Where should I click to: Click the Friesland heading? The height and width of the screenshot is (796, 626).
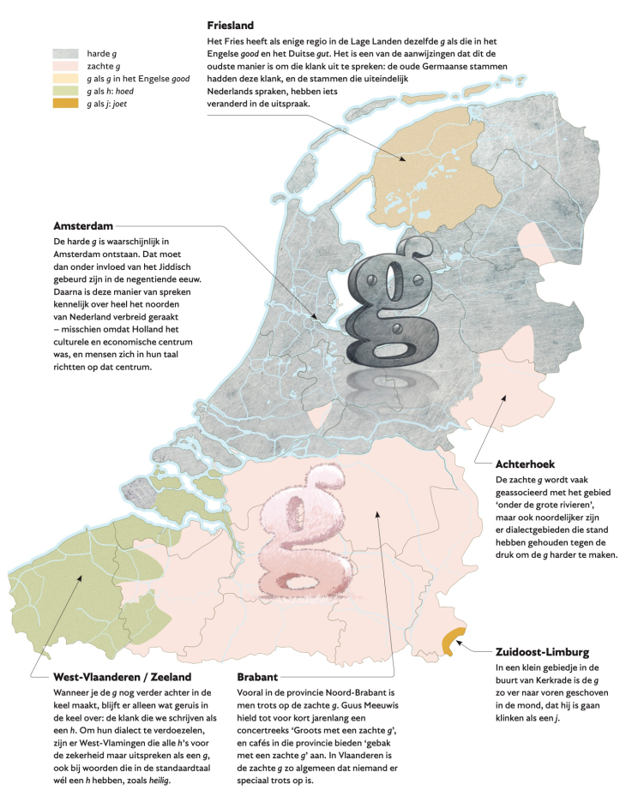click(x=230, y=26)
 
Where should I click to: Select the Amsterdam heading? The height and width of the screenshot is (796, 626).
click(x=83, y=226)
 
